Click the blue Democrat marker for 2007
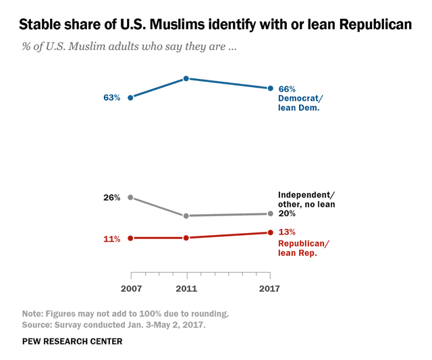130,97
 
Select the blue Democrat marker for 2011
186,79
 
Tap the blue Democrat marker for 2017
271,88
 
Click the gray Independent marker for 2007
130,198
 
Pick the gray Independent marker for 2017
271,213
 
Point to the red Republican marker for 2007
130,238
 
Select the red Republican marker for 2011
186,238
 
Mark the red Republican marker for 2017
271,232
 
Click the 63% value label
112,98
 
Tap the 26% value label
112,198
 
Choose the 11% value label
112,238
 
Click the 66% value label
288,88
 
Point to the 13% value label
288,233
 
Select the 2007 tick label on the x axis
130,288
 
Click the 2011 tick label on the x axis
186,288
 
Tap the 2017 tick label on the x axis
271,288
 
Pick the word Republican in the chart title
370,26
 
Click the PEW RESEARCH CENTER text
72,342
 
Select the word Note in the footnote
32,313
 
